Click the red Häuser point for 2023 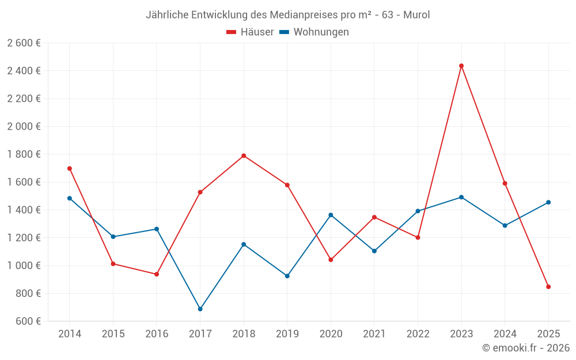click(461, 66)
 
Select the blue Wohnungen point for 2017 click(200, 309)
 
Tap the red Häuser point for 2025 click(548, 286)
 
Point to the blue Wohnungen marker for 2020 click(331, 215)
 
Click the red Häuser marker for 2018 click(244, 156)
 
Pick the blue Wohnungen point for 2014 click(70, 198)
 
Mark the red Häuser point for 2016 click(157, 274)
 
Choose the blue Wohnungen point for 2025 click(548, 202)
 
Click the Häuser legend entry click(250, 32)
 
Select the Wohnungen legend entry click(314, 32)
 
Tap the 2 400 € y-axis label click(24, 71)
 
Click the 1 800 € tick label click(24, 154)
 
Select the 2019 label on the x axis click(287, 334)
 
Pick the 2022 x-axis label click(418, 334)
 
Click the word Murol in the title click(416, 14)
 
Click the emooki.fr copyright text click(526, 348)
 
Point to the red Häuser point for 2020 click(331, 260)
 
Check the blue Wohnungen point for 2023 click(461, 197)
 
